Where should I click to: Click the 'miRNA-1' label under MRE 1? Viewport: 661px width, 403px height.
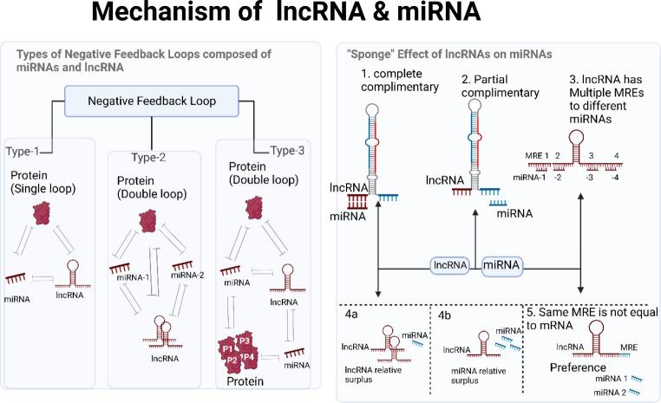click(x=529, y=176)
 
